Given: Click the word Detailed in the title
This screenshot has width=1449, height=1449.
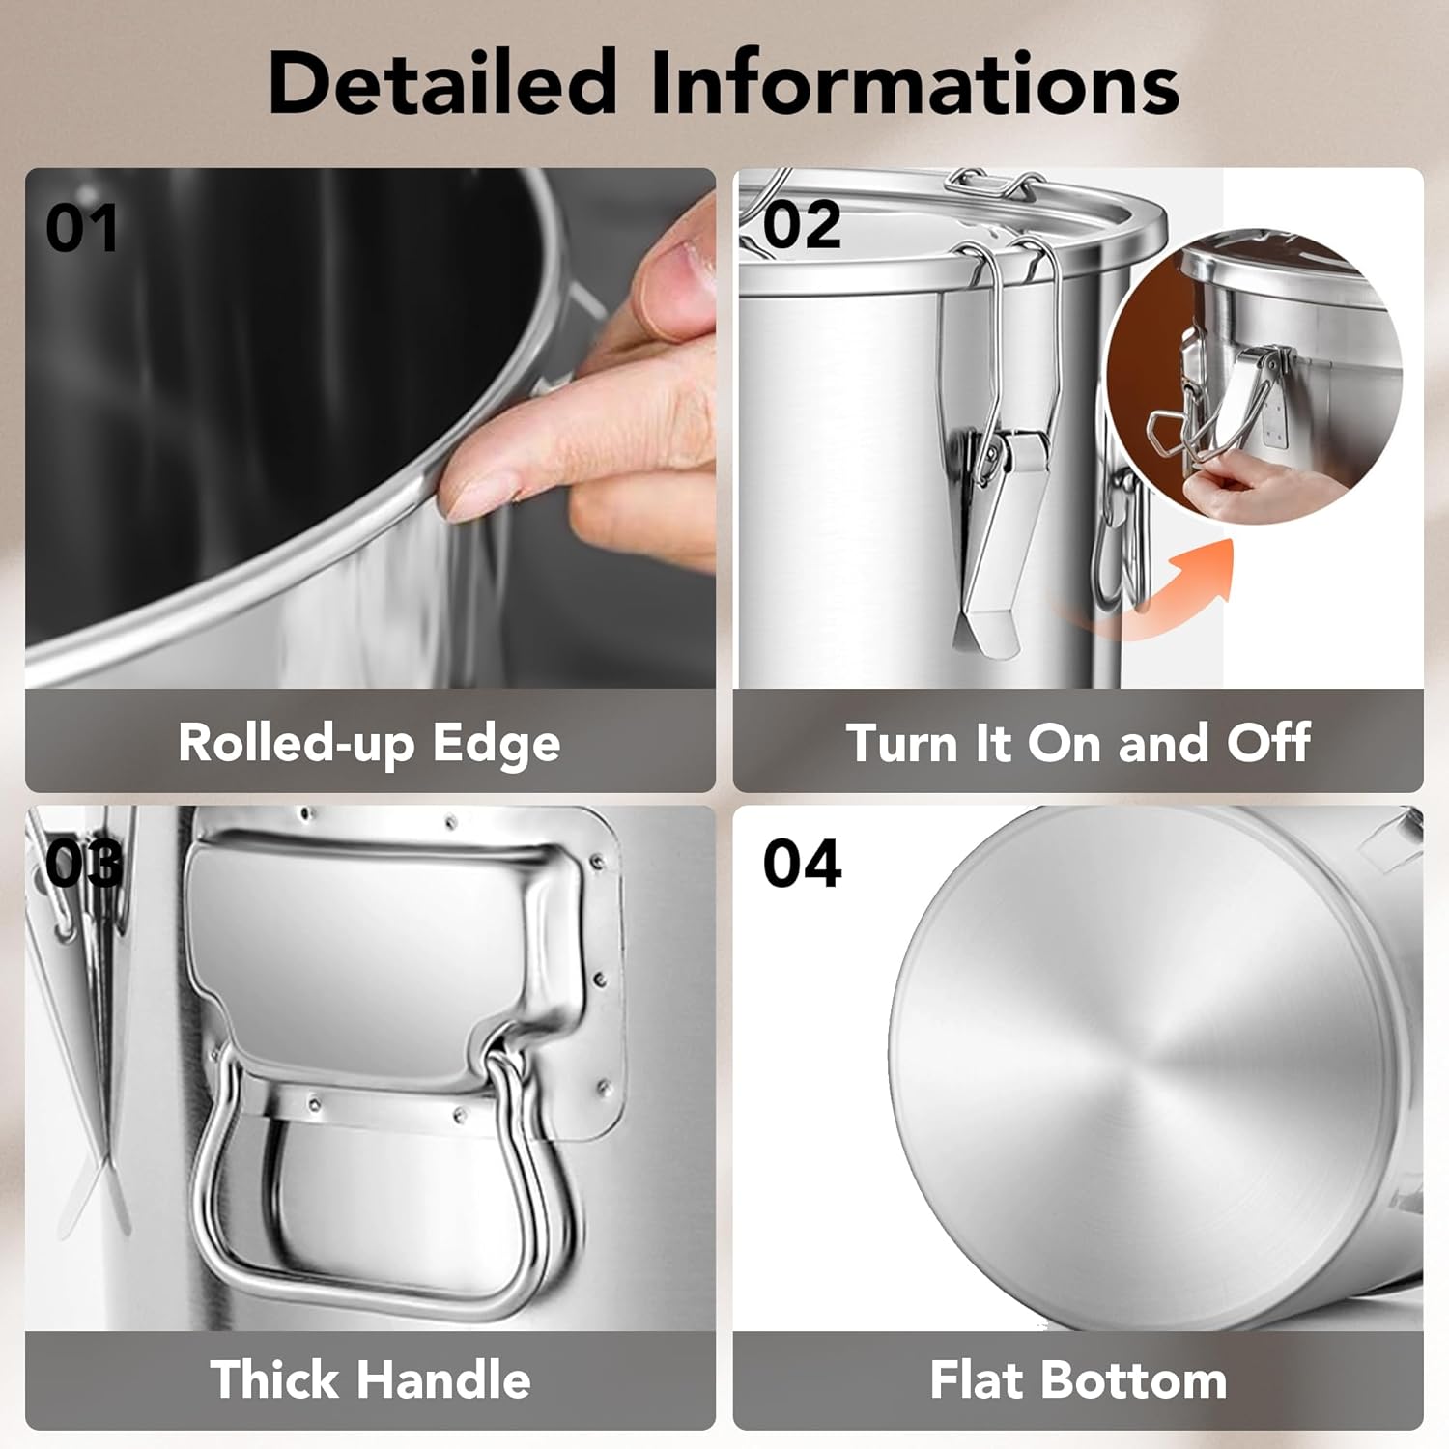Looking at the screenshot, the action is pyautogui.click(x=442, y=82).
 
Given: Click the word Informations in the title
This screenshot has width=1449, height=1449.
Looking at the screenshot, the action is pyautogui.click(x=915, y=82).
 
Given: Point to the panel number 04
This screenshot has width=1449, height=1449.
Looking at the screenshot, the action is pyautogui.click(x=802, y=863).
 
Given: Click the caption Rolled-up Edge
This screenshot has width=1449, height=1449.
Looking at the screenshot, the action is pyautogui.click(x=369, y=744).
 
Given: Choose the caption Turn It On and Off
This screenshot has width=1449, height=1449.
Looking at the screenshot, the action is pyautogui.click(x=1078, y=743).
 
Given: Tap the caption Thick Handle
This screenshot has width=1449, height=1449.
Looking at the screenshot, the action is pyautogui.click(x=370, y=1378).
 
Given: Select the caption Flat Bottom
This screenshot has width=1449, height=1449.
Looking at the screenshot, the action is pyautogui.click(x=1078, y=1379).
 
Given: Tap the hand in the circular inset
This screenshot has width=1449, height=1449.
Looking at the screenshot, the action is pyautogui.click(x=1256, y=488).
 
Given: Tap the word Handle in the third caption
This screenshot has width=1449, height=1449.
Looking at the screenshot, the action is pyautogui.click(x=449, y=1378).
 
